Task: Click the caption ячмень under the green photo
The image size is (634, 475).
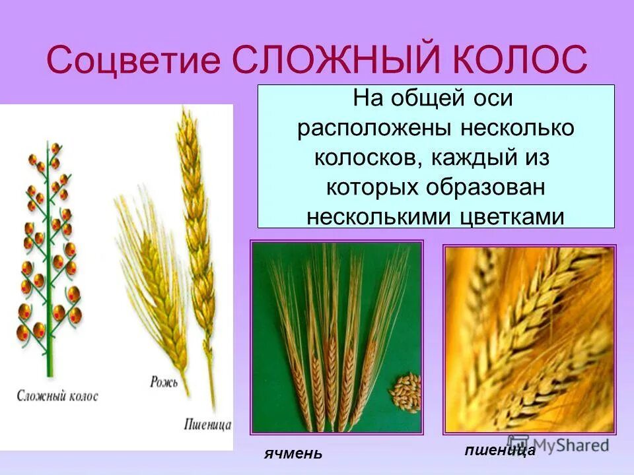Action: [293, 453]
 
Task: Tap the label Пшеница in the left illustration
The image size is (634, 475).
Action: [207, 425]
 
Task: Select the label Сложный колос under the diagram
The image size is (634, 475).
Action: [58, 396]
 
